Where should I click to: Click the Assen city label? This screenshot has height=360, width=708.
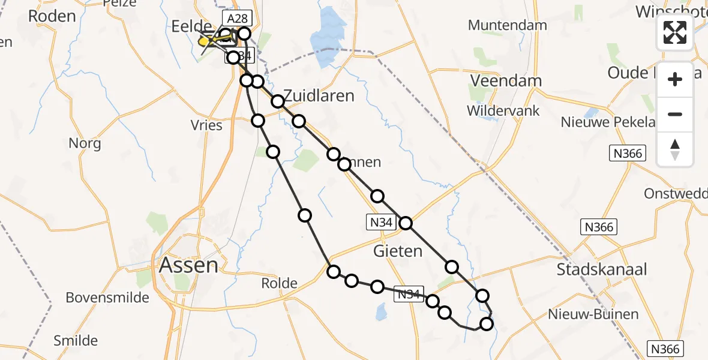point(188,265)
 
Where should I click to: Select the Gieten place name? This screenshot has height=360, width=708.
point(398,251)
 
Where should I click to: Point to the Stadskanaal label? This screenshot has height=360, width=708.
point(601,269)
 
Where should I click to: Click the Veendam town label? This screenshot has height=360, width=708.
point(505,81)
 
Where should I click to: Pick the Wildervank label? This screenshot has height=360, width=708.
point(503,111)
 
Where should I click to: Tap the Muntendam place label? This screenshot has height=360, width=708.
point(507,25)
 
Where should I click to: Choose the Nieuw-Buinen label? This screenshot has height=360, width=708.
point(593,314)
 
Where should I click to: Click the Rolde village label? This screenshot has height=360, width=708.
point(280,283)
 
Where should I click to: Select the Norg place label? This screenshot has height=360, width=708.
point(85,143)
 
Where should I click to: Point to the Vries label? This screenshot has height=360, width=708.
point(207,125)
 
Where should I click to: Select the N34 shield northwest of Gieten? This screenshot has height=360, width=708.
point(380,223)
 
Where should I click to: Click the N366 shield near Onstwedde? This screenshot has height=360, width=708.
point(598,227)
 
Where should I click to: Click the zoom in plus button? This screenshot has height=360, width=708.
point(675,79)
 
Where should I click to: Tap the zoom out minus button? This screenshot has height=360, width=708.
point(675,114)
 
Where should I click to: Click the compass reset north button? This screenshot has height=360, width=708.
point(675,149)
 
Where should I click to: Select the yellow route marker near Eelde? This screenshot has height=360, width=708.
point(204,41)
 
